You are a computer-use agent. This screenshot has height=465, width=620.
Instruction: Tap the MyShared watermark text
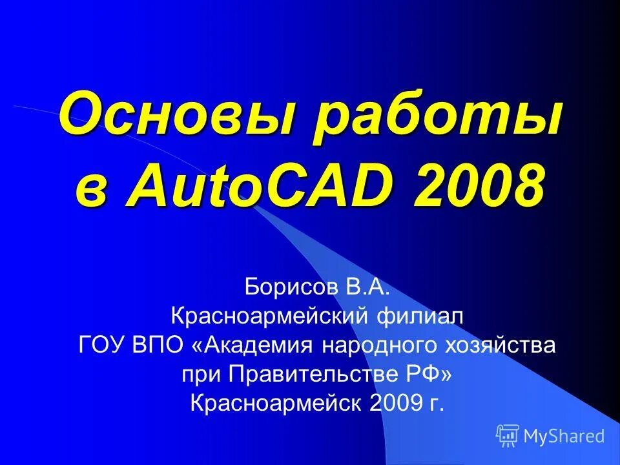[x=564, y=437]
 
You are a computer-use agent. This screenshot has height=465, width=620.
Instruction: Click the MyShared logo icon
[x=508, y=436]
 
